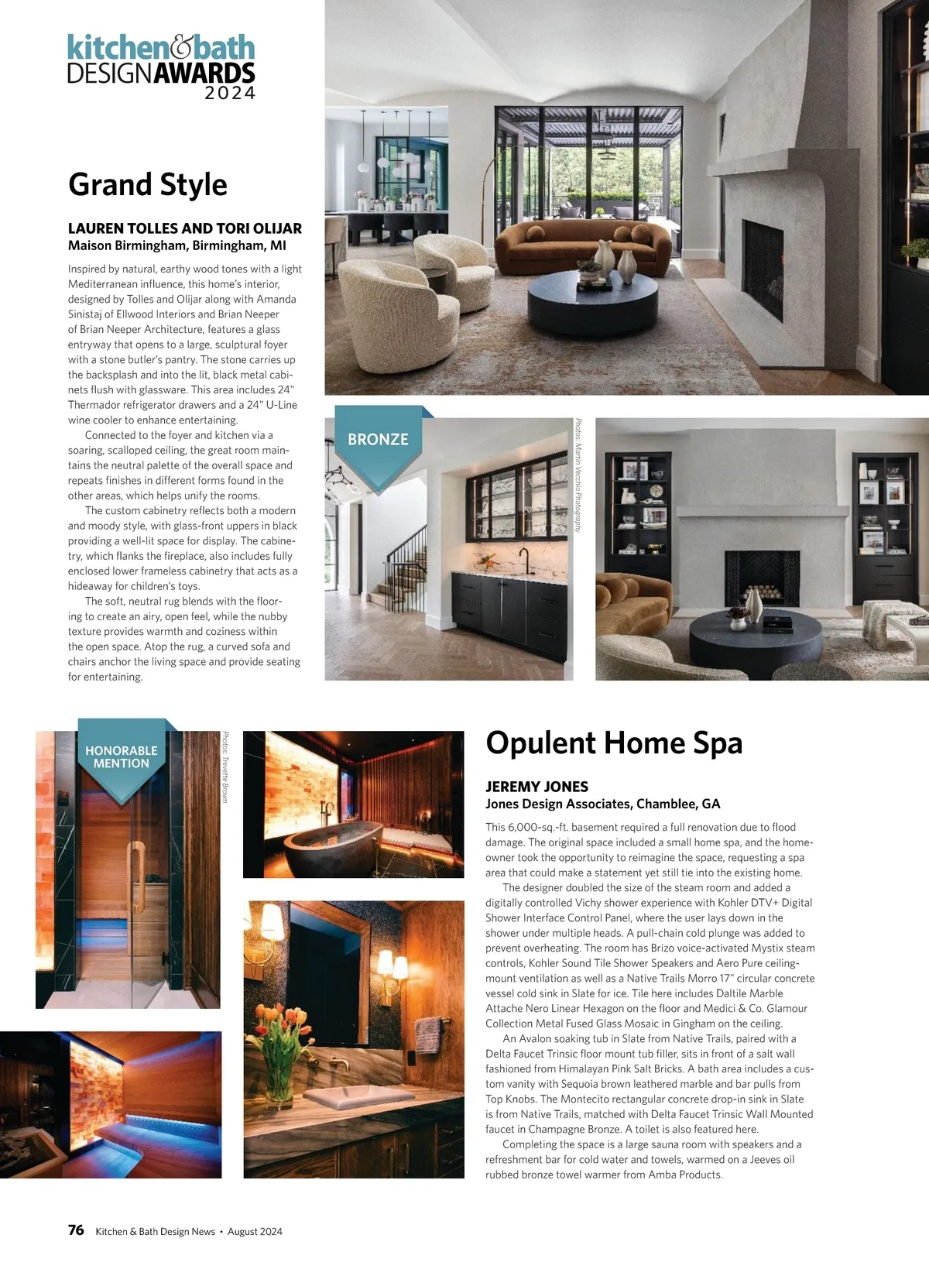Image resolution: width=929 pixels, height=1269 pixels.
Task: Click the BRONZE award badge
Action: pos(378,440)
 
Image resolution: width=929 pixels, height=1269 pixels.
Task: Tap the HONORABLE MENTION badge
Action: pos(122,757)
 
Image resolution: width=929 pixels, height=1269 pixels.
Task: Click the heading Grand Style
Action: pos(148,185)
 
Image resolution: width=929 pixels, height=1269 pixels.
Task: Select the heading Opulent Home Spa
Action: pos(614,743)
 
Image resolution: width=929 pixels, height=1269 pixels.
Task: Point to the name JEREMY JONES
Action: pos(536,787)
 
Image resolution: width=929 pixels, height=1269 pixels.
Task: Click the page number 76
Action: pos(76,1230)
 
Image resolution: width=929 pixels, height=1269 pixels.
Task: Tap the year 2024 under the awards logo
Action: pos(230,94)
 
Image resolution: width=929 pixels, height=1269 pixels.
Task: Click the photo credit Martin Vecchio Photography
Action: pos(578,475)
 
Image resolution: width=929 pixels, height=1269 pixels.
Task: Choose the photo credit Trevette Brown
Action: pos(225,767)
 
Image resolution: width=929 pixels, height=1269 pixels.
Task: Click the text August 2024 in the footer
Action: pos(255,1231)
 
